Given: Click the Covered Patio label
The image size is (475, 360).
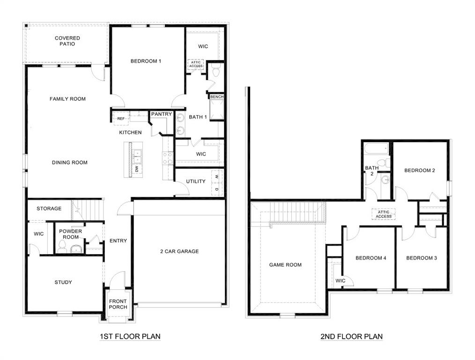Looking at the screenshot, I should pyautogui.click(x=67, y=41).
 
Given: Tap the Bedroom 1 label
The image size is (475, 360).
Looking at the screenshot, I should pyautogui.click(x=146, y=61).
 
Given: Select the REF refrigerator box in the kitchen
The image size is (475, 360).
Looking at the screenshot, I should pyautogui.click(x=121, y=119).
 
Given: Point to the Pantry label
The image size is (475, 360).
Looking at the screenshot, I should pyautogui.click(x=161, y=114).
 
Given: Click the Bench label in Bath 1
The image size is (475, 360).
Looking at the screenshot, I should pyautogui.click(x=216, y=97).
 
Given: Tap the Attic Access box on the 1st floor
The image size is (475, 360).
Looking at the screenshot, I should pyautogui.click(x=196, y=64).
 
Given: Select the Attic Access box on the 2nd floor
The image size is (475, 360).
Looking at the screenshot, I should pyautogui.click(x=383, y=214).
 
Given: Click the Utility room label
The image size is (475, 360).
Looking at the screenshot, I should pyautogui.click(x=195, y=181).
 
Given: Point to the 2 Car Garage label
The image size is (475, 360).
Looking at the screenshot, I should pyautogui.click(x=179, y=251).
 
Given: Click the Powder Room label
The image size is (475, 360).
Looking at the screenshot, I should pyautogui.click(x=71, y=234).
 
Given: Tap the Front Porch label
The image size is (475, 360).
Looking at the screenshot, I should pyautogui.click(x=118, y=304).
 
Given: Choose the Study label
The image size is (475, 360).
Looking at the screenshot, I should pyautogui.click(x=63, y=282).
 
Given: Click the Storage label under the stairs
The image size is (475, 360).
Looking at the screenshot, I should pyautogui.click(x=49, y=209).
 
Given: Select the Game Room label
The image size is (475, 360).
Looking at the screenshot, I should pyautogui.click(x=285, y=265).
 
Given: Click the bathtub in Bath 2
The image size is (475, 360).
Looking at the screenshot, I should pyautogui.click(x=377, y=150).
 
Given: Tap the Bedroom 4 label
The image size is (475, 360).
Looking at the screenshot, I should pyautogui.click(x=371, y=258).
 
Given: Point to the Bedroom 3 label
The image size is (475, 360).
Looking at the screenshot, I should pyautogui.click(x=421, y=258).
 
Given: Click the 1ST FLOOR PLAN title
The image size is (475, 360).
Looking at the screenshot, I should pyautogui.click(x=130, y=337).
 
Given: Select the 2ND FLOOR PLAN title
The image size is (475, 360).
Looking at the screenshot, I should pyautogui.click(x=351, y=337).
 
